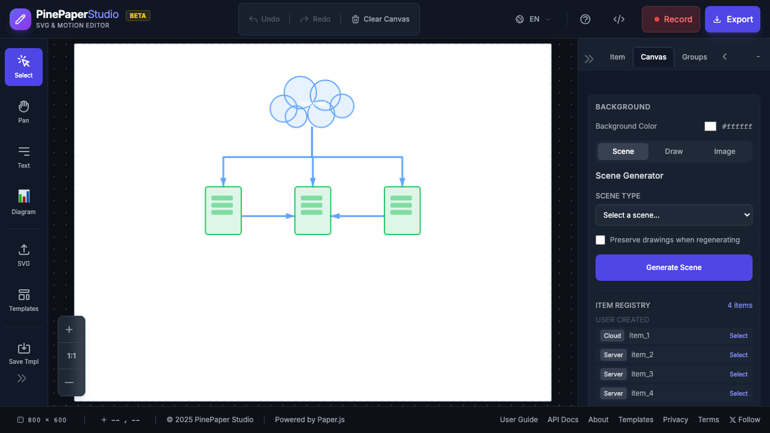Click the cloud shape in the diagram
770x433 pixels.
click(x=312, y=102)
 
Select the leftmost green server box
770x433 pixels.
click(x=223, y=210)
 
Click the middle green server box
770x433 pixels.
click(x=312, y=210)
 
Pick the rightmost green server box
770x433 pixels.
click(x=402, y=210)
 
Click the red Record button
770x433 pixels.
click(x=671, y=19)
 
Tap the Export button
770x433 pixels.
click(x=732, y=19)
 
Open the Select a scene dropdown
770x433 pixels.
click(x=674, y=215)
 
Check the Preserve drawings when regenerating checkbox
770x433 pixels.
click(x=600, y=240)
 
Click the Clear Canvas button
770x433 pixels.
click(x=380, y=19)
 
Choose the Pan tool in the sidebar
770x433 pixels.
click(x=23, y=112)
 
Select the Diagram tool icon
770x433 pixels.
click(x=23, y=202)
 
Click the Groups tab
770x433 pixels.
click(x=694, y=57)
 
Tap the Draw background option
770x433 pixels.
click(x=674, y=152)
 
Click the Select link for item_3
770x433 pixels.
click(x=738, y=374)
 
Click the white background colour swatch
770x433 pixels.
click(x=710, y=126)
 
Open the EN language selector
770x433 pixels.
click(x=533, y=19)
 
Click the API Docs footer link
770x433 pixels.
click(x=563, y=420)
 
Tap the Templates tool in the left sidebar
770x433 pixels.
click(x=23, y=299)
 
